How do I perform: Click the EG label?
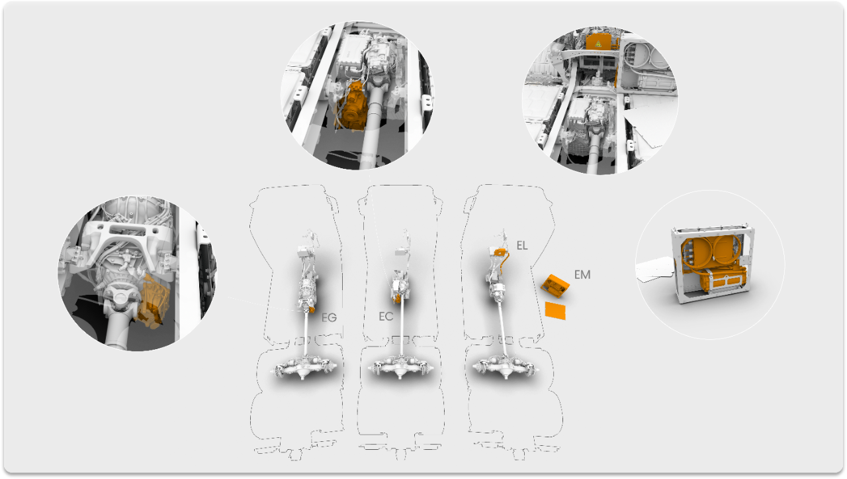click(329, 317)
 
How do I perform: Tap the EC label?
click(386, 316)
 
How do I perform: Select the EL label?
click(522, 246)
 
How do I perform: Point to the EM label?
click(582, 274)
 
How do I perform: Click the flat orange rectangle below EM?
click(555, 311)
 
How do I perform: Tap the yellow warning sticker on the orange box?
click(598, 44)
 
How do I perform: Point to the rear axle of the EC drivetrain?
click(400, 367)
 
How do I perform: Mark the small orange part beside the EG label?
click(311, 309)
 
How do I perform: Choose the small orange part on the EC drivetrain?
click(397, 298)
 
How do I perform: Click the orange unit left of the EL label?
click(500, 252)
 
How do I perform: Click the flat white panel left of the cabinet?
click(655, 269)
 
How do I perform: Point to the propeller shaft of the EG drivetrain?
click(306, 333)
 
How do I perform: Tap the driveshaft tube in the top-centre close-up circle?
click(375, 121)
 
